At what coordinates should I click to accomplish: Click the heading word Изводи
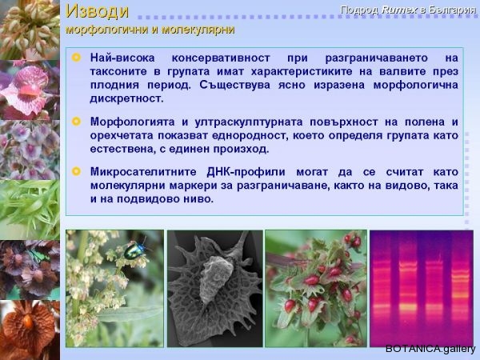pos(97,11)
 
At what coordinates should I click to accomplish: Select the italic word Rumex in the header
pos(399,10)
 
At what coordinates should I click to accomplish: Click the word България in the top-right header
pos(451,10)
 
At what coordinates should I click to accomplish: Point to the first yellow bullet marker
pos(76,58)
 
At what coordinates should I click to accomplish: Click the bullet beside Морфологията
pos(76,122)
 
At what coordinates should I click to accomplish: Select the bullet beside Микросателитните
pos(76,171)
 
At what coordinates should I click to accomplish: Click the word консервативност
pos(221,58)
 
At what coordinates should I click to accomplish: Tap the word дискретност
pos(126,98)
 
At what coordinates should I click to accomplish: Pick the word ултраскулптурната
pos(248,122)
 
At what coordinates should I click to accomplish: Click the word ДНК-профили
pos(246,172)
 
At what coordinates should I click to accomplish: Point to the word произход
pos(242,149)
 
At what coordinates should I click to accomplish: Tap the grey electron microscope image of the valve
pos(215,289)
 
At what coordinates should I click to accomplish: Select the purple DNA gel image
pos(422,289)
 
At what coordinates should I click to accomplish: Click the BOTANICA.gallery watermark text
pos(430,349)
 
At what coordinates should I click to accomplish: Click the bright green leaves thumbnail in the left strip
pos(30,210)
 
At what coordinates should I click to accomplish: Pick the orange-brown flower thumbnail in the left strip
pos(30,330)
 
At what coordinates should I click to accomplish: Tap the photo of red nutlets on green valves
pos(316,289)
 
